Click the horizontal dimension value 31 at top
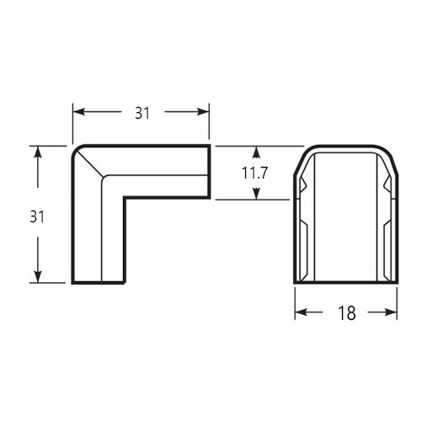142,114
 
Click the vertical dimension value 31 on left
37,216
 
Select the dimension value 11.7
255,173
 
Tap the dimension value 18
347,313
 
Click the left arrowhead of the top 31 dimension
79,112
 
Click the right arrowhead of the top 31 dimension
203,112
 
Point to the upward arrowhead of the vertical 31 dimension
38,152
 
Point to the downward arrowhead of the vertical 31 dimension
38,276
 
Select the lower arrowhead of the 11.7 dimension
256,194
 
